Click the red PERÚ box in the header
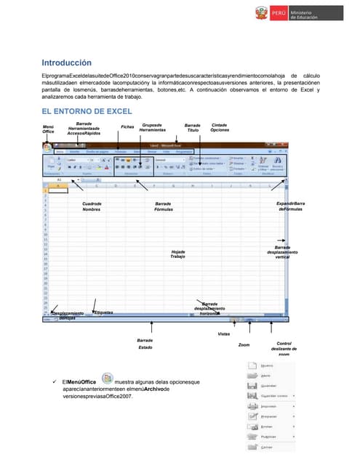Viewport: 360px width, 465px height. [x=279, y=14]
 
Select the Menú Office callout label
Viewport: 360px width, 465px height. [x=48, y=129]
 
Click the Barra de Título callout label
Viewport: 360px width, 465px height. [x=193, y=127]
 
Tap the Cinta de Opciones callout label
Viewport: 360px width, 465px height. [x=219, y=127]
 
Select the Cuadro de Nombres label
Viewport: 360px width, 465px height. [x=92, y=206]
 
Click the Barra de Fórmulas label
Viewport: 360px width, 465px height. [x=164, y=206]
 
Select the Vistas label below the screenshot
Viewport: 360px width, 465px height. [x=224, y=333]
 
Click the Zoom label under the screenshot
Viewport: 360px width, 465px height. [x=244, y=345]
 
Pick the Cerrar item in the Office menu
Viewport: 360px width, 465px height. [x=265, y=448]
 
